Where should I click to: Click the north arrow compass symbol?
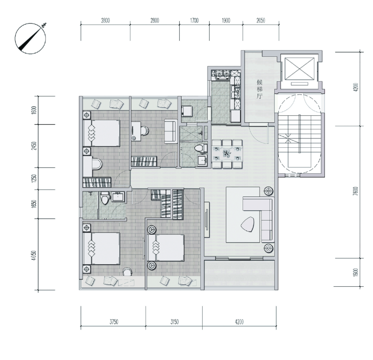[30, 38]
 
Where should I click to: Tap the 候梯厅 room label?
[260, 89]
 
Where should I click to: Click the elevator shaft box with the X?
[299, 69]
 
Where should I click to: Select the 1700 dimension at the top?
[194, 21]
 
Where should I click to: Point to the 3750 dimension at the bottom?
[114, 322]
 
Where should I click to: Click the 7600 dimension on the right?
[355, 191]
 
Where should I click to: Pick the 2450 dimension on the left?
[34, 146]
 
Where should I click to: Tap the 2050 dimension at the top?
[261, 21]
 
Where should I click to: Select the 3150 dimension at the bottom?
[174, 322]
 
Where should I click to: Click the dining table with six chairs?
[227, 154]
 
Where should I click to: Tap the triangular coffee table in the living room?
[248, 224]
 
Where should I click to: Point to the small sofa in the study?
[171, 131]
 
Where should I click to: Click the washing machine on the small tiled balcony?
[186, 111]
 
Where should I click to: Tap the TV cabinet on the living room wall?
[207, 220]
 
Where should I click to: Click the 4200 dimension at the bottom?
[239, 322]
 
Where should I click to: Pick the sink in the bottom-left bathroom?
[118, 196]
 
